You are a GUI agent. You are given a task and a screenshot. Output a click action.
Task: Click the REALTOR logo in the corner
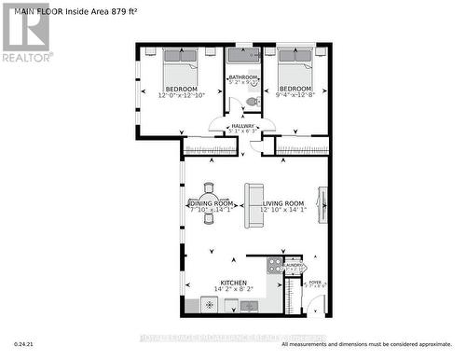[x=25, y=32]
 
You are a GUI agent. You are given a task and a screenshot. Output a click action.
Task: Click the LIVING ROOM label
[x=282, y=203]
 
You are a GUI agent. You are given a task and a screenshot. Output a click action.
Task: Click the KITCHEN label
[x=232, y=282]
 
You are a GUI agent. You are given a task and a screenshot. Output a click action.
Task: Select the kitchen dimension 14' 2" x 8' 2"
[x=232, y=290]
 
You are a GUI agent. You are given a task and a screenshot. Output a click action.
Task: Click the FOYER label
[x=315, y=281]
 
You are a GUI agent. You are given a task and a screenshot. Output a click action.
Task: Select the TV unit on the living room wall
[x=323, y=202]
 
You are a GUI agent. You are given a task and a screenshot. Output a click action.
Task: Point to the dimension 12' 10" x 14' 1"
[x=282, y=210]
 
